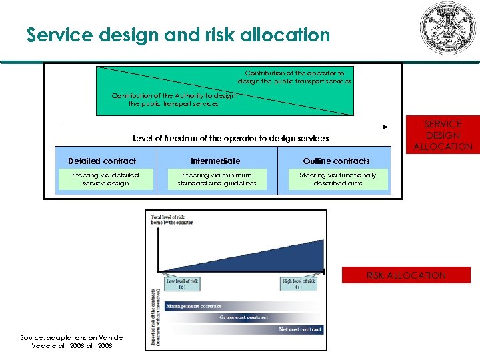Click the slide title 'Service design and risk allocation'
178,35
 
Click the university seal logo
445,28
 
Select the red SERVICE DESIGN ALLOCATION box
442,135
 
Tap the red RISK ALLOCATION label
406,275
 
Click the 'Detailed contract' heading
102,161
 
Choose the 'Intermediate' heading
215,161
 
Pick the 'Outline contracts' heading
336,161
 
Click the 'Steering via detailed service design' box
105,179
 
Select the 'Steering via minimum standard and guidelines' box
212,179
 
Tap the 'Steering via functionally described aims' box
337,179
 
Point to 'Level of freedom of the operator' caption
231,138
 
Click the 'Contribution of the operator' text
294,77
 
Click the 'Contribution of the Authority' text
173,99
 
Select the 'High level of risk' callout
298,283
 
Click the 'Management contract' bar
193,306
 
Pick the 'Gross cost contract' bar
244,317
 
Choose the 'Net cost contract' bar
300,329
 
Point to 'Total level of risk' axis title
172,220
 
